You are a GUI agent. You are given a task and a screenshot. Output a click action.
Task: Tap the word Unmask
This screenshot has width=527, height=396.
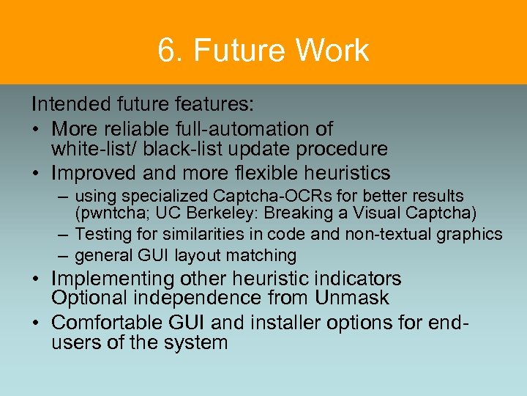(x=353, y=298)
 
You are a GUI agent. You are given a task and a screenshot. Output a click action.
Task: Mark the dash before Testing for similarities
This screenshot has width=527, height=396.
(x=64, y=235)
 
